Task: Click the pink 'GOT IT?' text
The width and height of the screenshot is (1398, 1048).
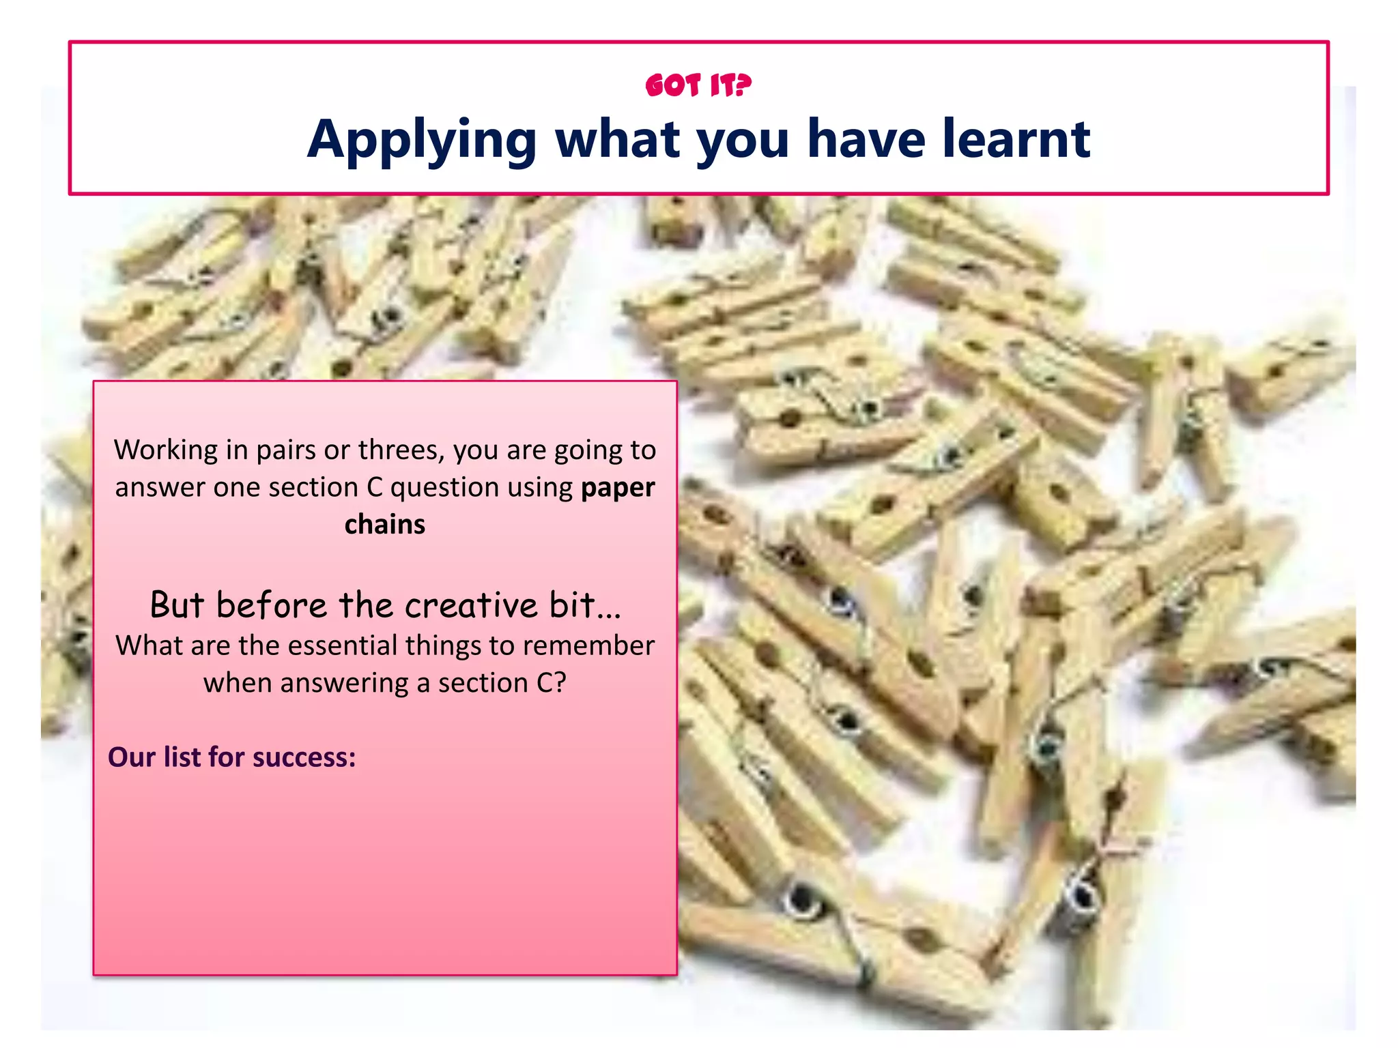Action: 698,86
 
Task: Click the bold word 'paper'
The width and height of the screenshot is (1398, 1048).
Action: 618,487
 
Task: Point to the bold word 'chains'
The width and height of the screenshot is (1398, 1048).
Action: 384,525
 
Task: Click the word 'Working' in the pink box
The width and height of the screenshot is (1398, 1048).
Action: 166,450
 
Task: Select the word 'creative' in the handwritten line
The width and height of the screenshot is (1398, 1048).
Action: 471,605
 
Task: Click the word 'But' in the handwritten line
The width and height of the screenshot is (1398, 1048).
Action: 177,605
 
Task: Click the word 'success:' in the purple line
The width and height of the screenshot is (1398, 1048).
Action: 304,757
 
